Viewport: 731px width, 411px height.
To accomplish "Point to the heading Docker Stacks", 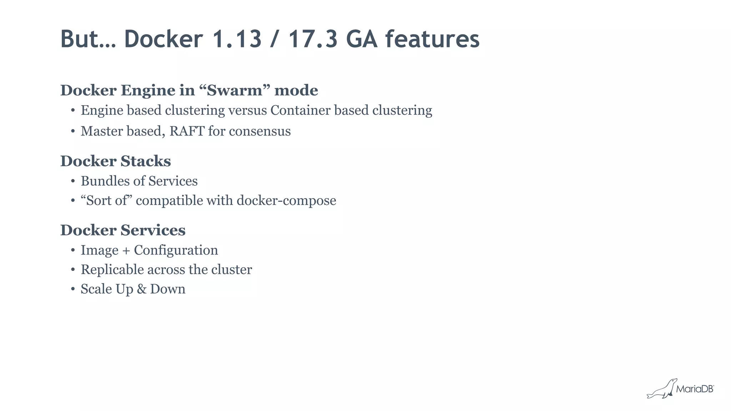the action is [116, 161].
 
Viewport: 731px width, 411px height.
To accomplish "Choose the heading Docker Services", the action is [123, 230].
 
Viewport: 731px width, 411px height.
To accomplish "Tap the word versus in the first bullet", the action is [248, 110].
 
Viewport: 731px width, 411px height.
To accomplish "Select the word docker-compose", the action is [286, 200].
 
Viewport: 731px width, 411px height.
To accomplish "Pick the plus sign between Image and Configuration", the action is [126, 251].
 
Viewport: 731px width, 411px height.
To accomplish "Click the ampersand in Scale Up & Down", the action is [141, 289].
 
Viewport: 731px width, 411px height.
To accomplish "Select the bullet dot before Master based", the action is [73, 132].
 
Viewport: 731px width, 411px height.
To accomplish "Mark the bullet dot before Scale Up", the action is [73, 289].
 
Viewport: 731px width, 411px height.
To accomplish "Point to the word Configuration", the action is [176, 250].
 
